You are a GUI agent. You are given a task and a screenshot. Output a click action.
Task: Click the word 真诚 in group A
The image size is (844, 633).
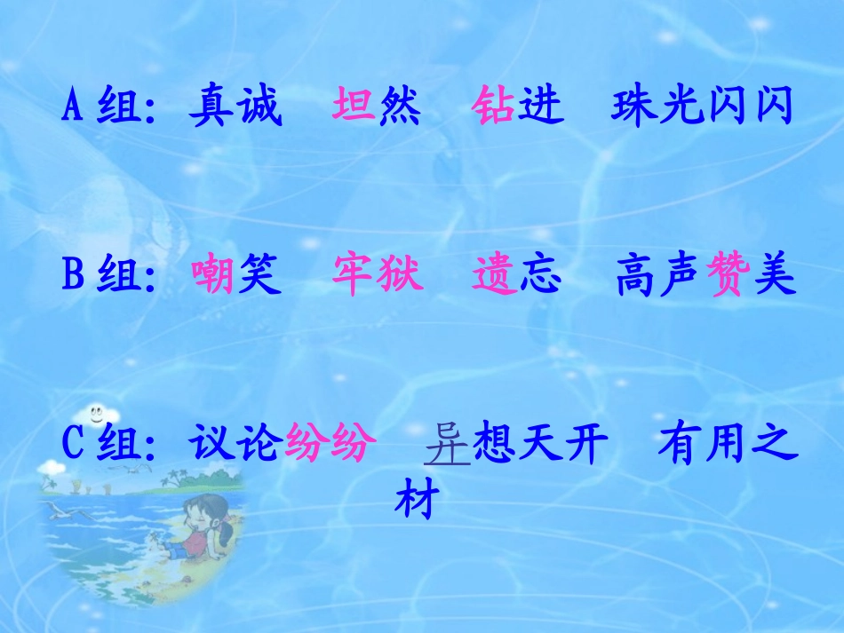coord(235,107)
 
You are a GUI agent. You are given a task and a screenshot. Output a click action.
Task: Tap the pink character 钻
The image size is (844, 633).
coord(494,107)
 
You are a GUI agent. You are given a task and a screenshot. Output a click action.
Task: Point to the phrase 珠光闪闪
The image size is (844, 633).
coord(701,107)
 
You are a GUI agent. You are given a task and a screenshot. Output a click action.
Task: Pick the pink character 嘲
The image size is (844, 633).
coord(214,277)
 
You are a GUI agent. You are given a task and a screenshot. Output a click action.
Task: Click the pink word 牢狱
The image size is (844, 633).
coord(378,277)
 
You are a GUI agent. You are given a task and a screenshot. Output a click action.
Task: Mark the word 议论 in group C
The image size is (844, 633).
coord(236,445)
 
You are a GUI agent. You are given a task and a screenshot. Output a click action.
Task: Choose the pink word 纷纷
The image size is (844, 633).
coord(326,445)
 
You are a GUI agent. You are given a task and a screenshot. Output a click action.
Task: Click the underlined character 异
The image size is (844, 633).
coord(447,445)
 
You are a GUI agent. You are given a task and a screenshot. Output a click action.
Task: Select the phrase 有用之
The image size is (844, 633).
coord(723,445)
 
